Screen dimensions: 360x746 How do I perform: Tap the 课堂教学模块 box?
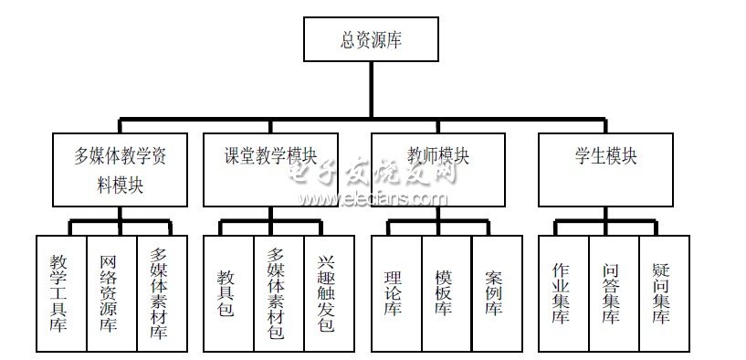click(x=269, y=169)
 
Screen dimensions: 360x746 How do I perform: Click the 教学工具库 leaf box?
click(x=60, y=292)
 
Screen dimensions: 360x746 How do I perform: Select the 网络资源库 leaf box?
click(x=110, y=292)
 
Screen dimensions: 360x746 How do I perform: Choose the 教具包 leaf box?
click(x=227, y=292)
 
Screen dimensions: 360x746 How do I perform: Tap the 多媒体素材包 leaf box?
click(x=278, y=292)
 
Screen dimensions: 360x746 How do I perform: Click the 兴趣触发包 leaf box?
click(x=328, y=292)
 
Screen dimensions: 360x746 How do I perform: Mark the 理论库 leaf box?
click(x=395, y=292)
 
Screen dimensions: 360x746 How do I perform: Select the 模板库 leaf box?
click(x=446, y=292)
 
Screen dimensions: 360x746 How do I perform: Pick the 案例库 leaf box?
click(x=497, y=292)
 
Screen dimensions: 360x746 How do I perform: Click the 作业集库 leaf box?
click(x=562, y=292)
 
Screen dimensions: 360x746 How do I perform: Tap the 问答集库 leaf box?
click(x=613, y=292)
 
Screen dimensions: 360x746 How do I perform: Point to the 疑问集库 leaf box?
click(x=663, y=292)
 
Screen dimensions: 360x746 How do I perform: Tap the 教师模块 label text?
click(x=439, y=156)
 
